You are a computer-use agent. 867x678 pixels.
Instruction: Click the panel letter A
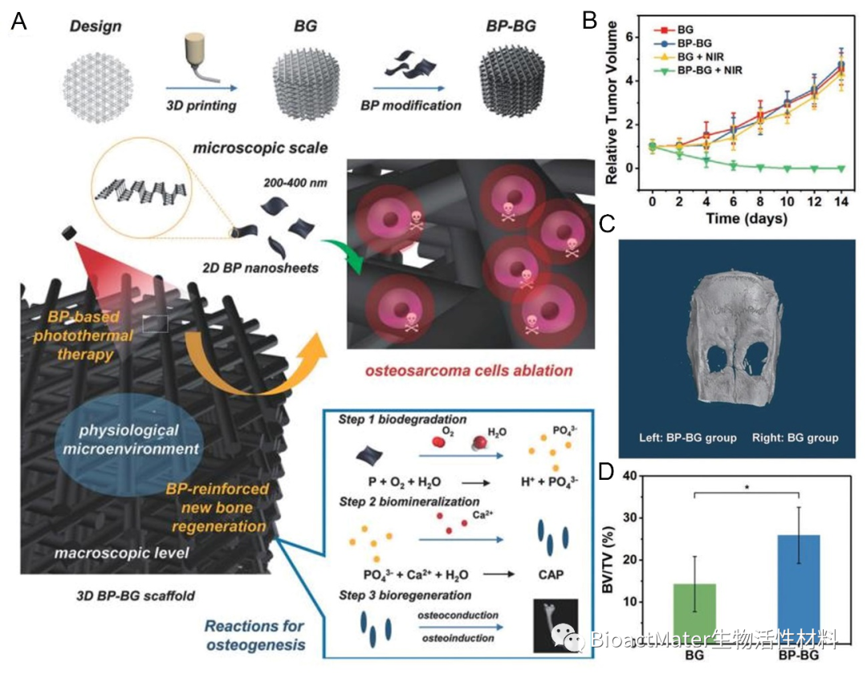tap(19, 22)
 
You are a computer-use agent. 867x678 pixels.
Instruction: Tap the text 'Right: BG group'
tap(795, 438)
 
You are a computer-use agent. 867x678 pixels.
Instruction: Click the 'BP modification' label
tap(417, 104)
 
